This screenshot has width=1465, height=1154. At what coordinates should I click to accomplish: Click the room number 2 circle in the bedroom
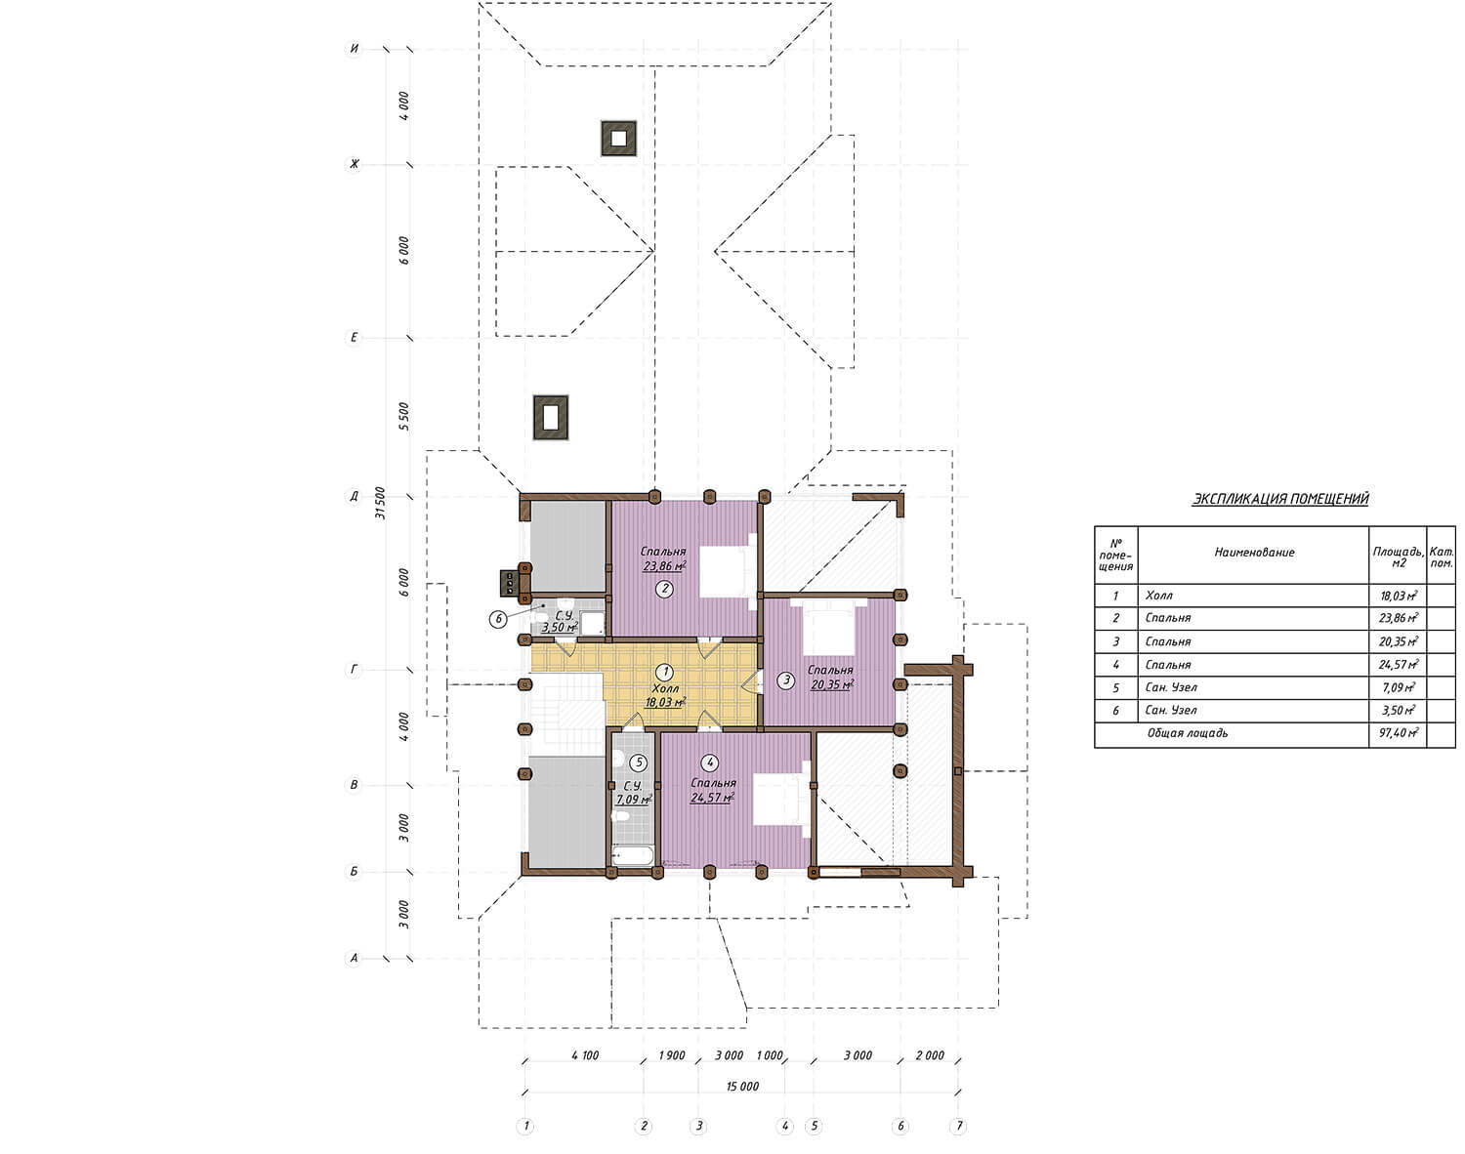coord(664,589)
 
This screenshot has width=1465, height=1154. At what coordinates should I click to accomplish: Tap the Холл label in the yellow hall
coord(665,688)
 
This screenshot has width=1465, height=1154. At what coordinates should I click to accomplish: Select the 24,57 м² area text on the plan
coord(712,797)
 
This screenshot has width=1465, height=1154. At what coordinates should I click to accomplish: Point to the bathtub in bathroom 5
coord(633,855)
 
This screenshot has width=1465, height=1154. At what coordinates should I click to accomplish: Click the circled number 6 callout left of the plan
coord(498,619)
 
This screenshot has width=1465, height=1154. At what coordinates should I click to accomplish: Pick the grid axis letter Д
coord(354,497)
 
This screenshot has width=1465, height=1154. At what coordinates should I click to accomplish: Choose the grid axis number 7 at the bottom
coord(958,1126)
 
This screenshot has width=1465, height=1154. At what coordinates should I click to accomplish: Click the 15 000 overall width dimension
coord(742,1086)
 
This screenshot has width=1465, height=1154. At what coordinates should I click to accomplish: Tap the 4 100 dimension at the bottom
coord(585,1055)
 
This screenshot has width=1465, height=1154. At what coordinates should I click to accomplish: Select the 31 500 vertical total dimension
coord(381,504)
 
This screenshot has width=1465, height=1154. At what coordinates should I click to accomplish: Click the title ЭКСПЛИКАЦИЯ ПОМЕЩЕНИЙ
coord(1279,499)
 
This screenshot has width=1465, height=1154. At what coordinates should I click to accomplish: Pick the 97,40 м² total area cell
coord(1399,733)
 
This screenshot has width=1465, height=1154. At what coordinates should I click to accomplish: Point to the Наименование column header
coord(1254,553)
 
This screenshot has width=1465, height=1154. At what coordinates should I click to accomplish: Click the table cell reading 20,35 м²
coord(1399,641)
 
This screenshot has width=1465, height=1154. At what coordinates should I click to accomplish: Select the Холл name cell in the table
coord(1158,596)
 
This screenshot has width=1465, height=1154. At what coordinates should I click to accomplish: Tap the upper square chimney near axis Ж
coord(618,138)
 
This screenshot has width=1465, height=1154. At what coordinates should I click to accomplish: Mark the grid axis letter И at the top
coord(354,48)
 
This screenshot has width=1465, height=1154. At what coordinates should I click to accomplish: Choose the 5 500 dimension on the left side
coord(404,417)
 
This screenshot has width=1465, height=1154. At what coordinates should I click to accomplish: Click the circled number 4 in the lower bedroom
coord(710,762)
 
